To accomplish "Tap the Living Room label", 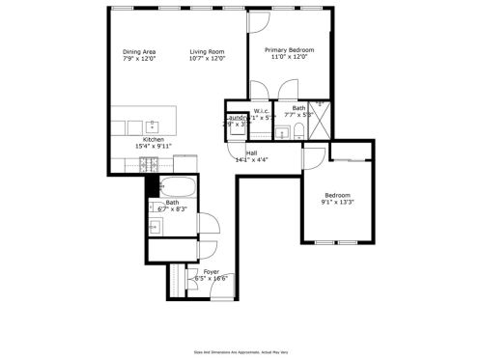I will (x=207, y=51).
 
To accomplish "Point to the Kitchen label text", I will (x=154, y=140).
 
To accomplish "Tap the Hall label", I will (x=251, y=152).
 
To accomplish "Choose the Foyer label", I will (x=211, y=272).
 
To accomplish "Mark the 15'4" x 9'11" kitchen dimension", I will (x=154, y=148).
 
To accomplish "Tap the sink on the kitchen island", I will (x=153, y=125).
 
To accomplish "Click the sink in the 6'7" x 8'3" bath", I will (x=155, y=227).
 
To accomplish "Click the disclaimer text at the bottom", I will (x=240, y=352).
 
